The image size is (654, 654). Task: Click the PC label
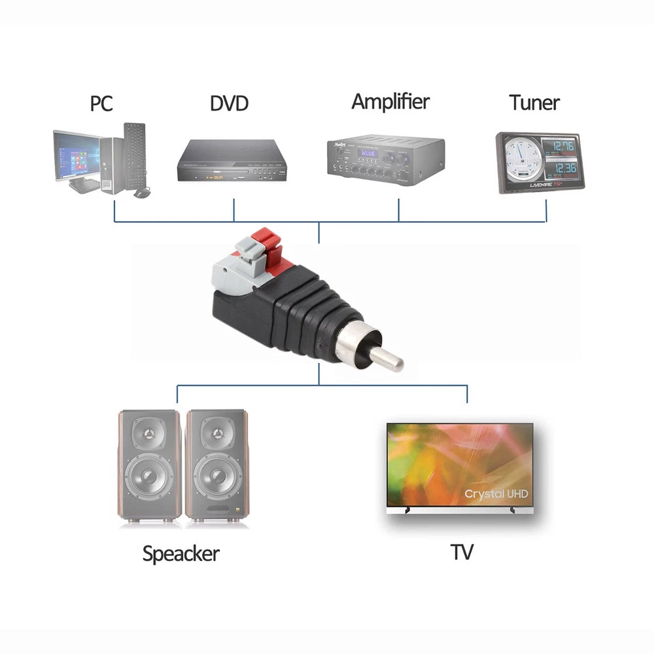click(x=101, y=103)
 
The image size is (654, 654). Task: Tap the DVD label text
click(x=229, y=103)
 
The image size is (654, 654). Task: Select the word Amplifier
click(x=390, y=101)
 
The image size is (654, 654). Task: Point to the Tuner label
click(x=534, y=103)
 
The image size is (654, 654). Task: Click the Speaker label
click(x=181, y=555)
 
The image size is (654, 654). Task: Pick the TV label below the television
click(x=461, y=553)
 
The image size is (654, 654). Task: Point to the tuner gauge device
click(x=538, y=163)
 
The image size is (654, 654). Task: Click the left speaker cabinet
click(x=150, y=467)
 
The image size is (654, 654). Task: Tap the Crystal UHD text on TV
click(x=496, y=494)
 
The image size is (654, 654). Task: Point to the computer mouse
click(x=141, y=192)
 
